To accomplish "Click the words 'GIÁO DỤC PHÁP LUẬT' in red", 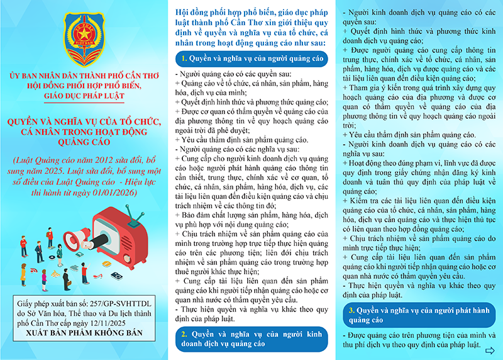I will point(84,96).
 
